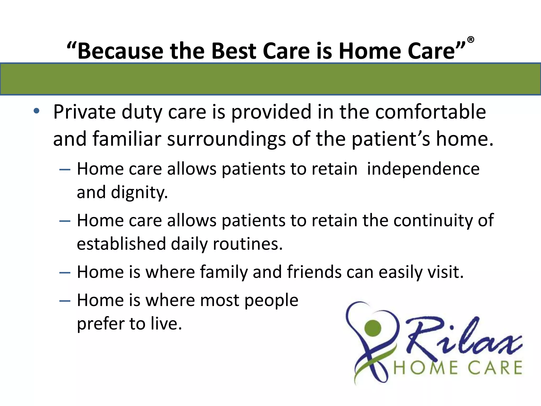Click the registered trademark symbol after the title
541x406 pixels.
[471, 40]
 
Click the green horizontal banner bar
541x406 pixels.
[270, 79]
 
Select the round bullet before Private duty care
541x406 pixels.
[36, 111]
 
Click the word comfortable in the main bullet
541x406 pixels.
[430, 112]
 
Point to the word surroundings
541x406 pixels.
[226, 139]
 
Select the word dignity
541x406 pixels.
[139, 192]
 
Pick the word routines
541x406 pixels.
[248, 244]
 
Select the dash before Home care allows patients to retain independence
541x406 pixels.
[65, 169]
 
